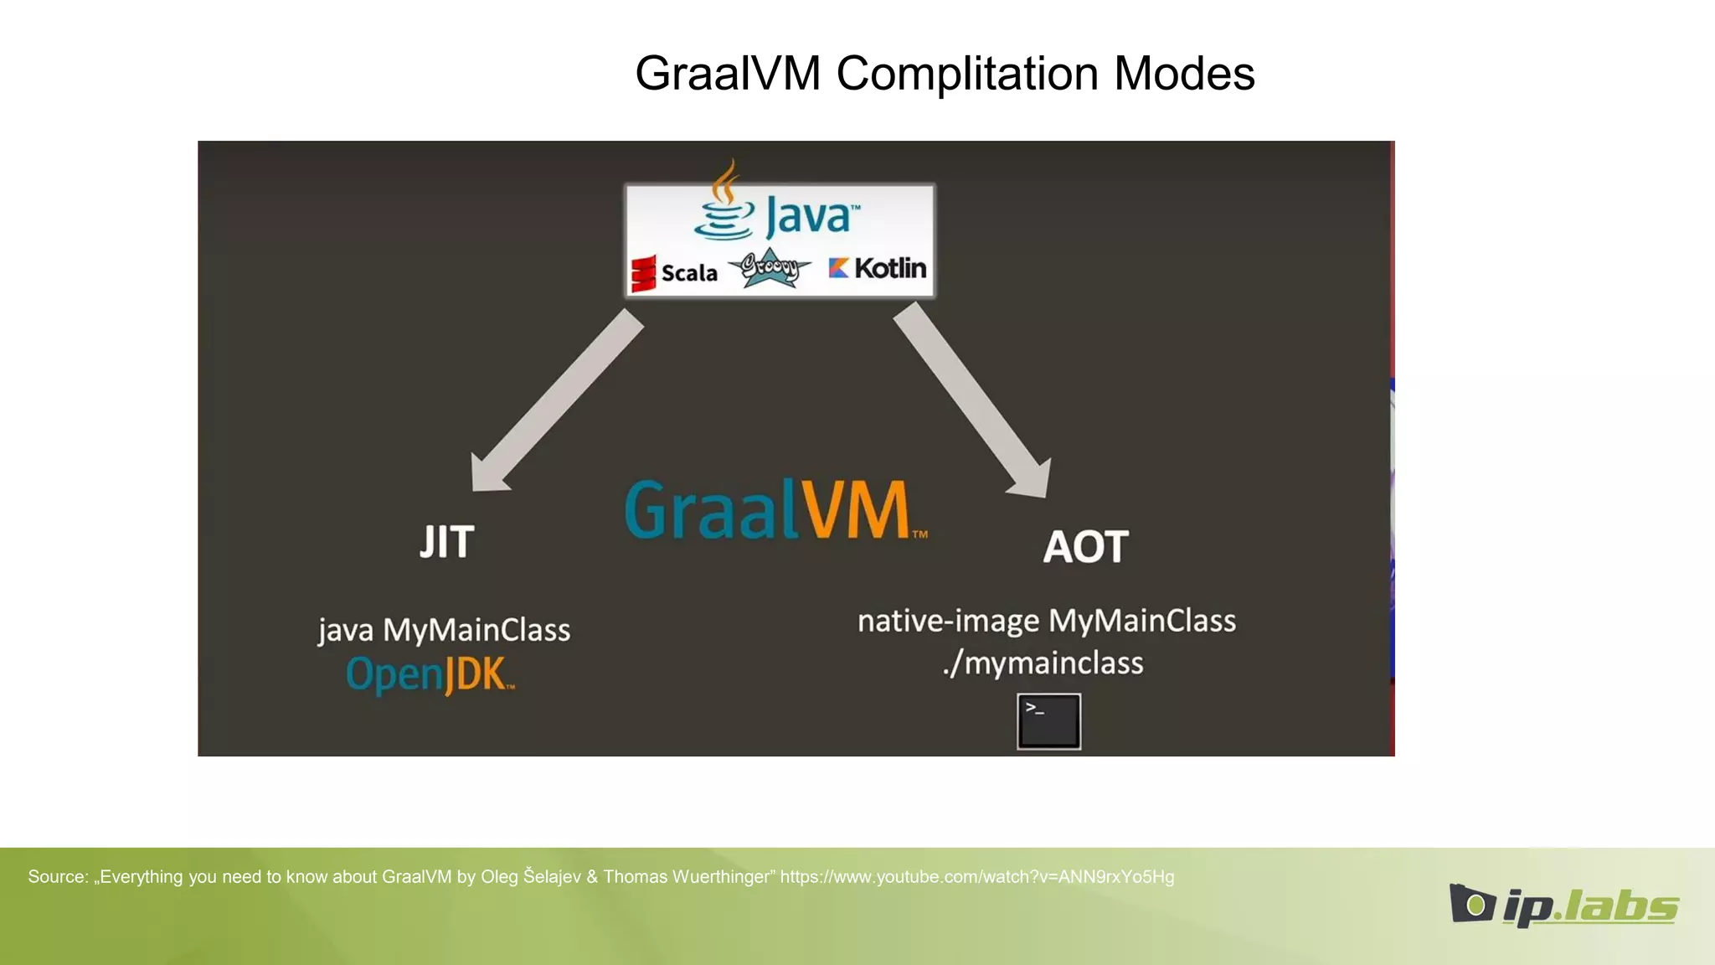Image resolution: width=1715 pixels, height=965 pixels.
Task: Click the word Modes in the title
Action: point(1184,74)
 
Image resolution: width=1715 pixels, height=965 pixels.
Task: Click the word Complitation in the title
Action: point(967,74)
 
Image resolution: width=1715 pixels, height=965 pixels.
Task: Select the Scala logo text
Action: point(688,273)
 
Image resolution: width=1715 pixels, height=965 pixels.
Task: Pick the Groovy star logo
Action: point(770,268)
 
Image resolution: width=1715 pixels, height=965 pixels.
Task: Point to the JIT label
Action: point(447,542)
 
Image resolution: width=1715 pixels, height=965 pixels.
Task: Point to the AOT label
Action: point(1085,547)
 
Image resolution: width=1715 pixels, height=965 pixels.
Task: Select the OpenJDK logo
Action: point(430,674)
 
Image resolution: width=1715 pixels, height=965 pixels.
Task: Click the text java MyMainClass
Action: point(444,630)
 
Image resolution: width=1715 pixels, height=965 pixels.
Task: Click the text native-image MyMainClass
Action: point(1046,622)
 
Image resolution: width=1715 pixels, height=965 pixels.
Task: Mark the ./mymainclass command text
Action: point(1043,663)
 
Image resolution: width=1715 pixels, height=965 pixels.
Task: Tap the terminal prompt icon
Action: point(1048,721)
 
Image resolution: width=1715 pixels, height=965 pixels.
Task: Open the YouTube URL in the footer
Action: point(976,877)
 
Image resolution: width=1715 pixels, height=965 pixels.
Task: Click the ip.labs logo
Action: point(1563,905)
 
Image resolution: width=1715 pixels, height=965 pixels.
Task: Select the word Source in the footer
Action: point(57,877)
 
